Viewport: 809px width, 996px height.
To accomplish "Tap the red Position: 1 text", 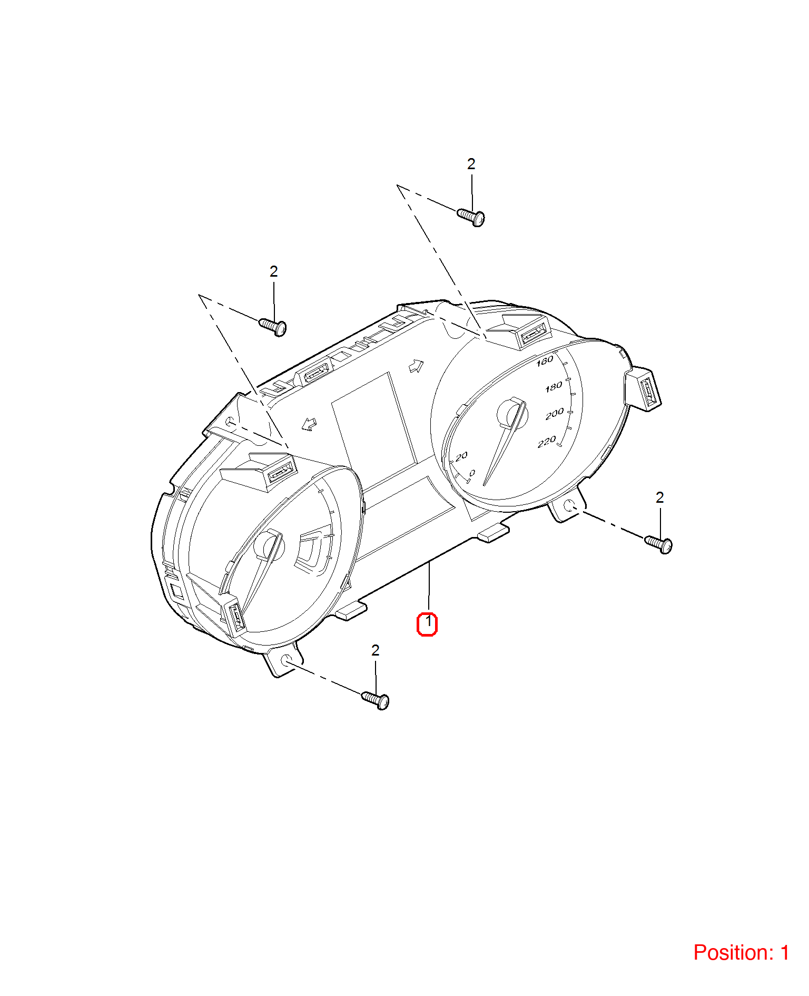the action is pos(741,953).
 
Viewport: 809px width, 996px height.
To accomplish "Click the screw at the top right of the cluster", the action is pos(471,216).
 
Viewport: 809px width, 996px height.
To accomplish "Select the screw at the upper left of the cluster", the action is pos(273,326).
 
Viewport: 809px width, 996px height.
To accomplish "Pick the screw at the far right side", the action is pos(658,544).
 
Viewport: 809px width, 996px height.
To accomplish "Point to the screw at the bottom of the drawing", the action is pos(376,700).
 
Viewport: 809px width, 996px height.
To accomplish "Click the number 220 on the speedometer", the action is pos(547,442).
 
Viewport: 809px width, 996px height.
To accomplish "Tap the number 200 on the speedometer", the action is pos(555,414).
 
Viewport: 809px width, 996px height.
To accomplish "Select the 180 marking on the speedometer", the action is pos(554,387).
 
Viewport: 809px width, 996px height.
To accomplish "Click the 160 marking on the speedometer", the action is pos(545,361).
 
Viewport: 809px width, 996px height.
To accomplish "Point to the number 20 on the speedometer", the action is pos(462,456).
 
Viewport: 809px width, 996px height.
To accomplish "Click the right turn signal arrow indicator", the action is pos(417,366).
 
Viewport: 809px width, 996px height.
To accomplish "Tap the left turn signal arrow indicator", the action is pos(309,424).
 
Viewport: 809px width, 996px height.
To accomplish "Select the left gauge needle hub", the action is pos(268,545).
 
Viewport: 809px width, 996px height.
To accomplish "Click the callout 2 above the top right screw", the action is pos(471,164).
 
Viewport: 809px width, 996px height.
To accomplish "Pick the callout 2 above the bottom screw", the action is pos(376,650).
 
